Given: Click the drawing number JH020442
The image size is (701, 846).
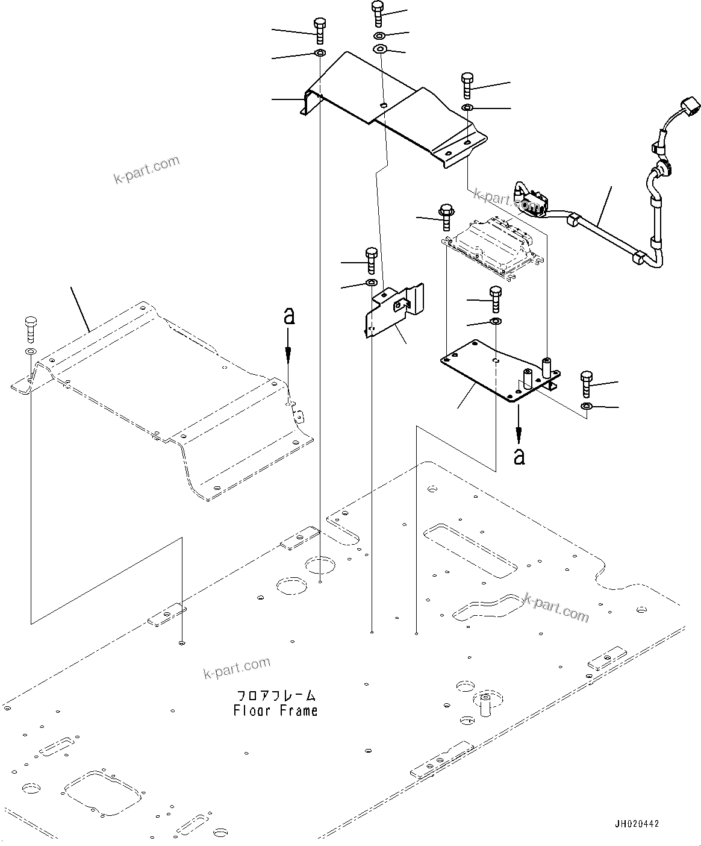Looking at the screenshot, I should click(x=637, y=824).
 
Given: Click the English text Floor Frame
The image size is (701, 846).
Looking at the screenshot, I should click(x=275, y=711).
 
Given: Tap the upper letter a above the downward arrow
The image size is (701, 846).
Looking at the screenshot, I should click(x=289, y=316).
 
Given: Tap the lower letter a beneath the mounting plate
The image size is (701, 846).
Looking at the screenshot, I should click(x=519, y=456).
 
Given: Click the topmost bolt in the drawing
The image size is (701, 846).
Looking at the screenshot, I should click(x=378, y=13).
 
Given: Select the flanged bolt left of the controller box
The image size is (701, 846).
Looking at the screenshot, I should click(x=446, y=217).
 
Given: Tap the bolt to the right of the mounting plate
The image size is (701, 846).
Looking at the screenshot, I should click(x=587, y=383).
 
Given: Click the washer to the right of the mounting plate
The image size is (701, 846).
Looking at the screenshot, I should click(x=586, y=407).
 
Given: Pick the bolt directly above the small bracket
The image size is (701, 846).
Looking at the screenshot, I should click(x=371, y=260).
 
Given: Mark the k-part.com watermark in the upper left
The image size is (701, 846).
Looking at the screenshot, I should click(x=146, y=169).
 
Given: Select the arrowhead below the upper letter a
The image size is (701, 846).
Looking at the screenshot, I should click(x=289, y=355).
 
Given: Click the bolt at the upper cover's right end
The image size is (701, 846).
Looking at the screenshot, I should click(x=467, y=86).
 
